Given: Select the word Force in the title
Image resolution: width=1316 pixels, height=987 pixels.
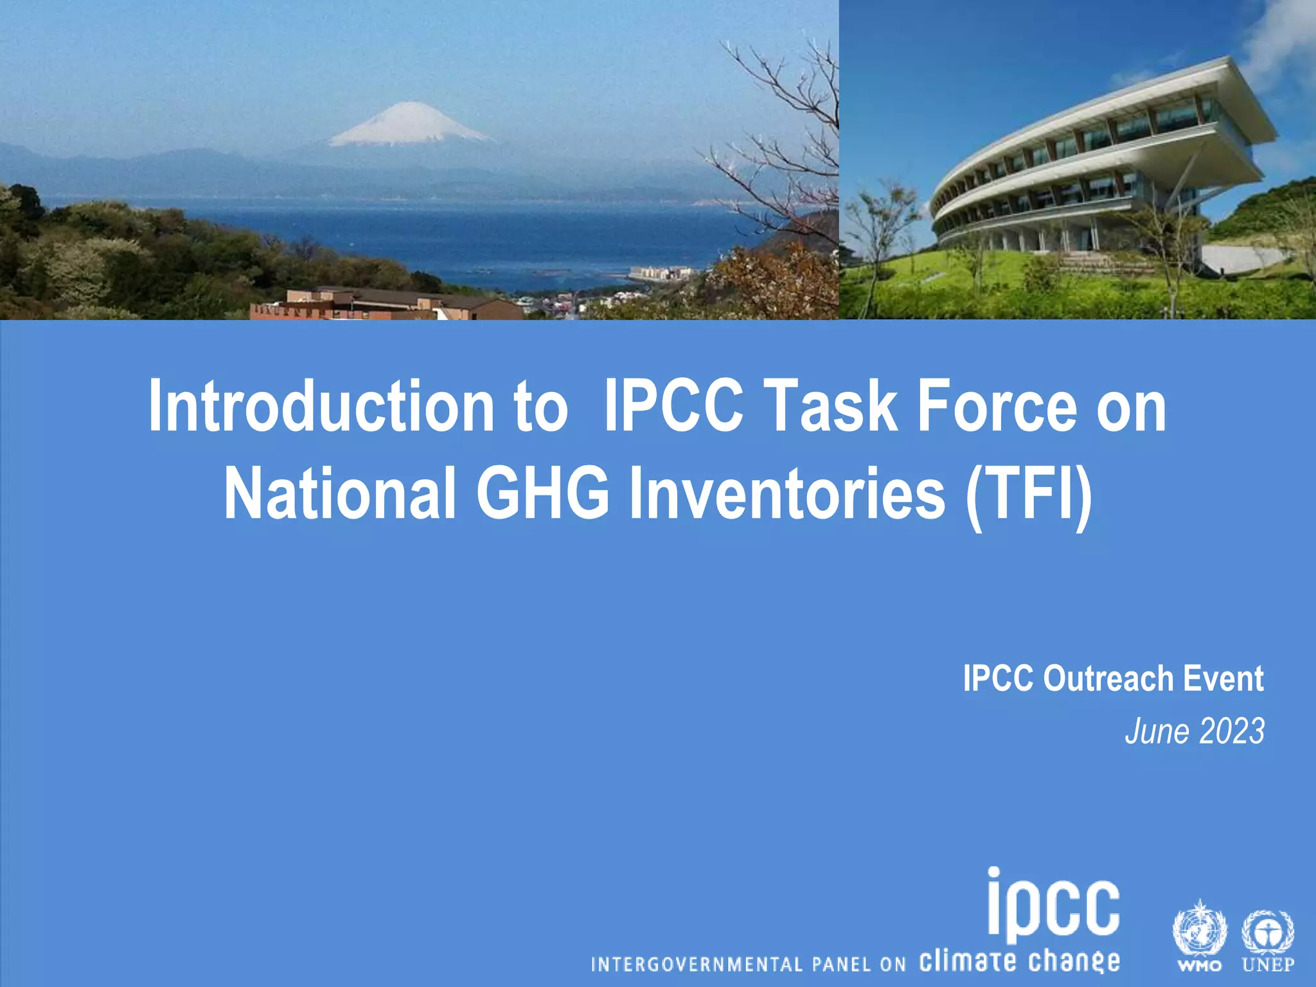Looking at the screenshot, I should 997,407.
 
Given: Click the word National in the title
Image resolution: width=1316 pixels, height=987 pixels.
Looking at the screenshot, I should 340,493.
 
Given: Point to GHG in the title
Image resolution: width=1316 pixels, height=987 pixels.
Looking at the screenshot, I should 542,493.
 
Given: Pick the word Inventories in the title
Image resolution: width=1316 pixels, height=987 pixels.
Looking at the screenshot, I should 787,493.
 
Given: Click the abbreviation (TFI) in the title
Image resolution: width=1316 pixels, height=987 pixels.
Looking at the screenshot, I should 1028,493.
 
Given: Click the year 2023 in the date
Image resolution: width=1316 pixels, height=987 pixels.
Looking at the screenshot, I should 1231,732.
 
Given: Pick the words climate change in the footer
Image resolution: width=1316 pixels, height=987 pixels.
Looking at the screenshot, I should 1019,961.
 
